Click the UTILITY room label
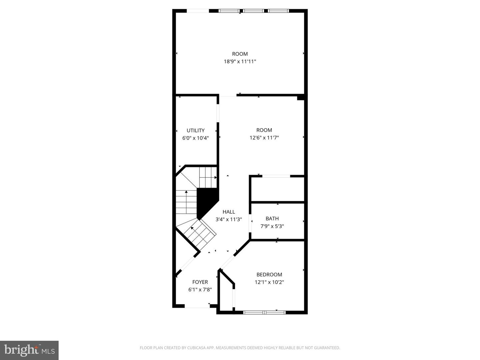[195, 130]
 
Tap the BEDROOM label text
[269, 274]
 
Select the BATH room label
[272, 218]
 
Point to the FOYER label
[200, 282]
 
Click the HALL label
[229, 212]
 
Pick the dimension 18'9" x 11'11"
[240, 61]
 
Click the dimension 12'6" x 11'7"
[264, 137]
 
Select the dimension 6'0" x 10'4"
[195, 138]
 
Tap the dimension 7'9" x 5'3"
[272, 226]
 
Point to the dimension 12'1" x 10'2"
[269, 282]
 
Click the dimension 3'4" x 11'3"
[229, 219]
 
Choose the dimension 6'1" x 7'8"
[200, 289]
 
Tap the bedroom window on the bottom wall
[264, 312]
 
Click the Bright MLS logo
[29, 350]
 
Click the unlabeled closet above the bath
[277, 189]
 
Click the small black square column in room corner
[301, 97]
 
